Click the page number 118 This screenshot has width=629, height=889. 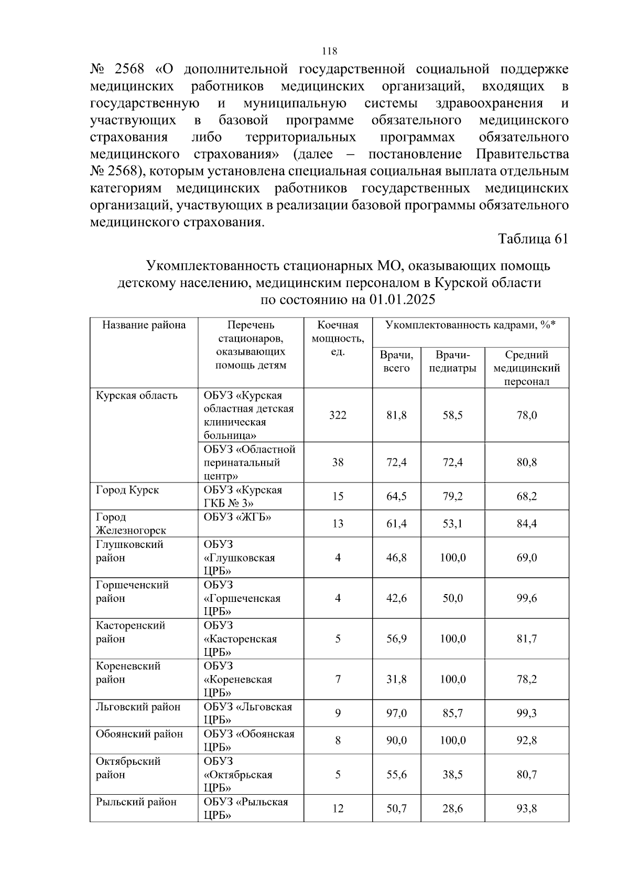click(x=330, y=51)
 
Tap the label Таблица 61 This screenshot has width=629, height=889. click(x=533, y=239)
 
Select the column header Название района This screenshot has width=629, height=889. click(x=144, y=325)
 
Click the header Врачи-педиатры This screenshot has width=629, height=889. click(x=452, y=361)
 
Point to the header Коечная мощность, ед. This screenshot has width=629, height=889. click(x=338, y=338)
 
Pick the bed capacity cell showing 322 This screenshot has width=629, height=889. click(x=338, y=415)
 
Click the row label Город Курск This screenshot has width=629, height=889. click(x=127, y=490)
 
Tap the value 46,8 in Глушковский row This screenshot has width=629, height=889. click(x=396, y=558)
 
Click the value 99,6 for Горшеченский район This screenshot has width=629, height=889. click(x=526, y=598)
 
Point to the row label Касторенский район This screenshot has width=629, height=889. click(x=130, y=632)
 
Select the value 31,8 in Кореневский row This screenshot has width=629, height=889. click(x=396, y=679)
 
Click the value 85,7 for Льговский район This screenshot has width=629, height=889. click(x=452, y=714)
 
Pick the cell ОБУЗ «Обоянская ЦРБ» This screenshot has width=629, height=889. click(x=249, y=740)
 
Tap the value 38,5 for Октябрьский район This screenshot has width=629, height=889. click(x=452, y=775)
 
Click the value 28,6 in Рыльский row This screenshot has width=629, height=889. click(x=452, y=809)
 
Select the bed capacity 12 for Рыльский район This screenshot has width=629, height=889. click(x=338, y=809)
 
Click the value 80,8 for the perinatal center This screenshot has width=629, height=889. click(x=526, y=463)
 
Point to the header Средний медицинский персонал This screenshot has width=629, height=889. click(x=526, y=368)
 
